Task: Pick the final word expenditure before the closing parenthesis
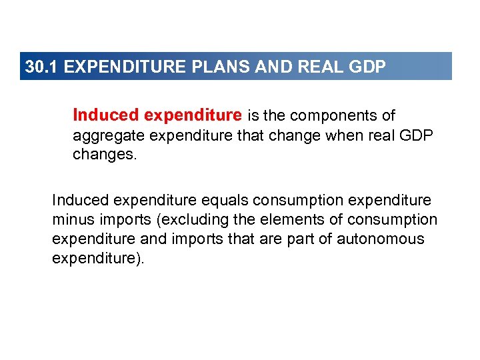[x=93, y=258]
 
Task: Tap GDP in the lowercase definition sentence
[x=416, y=137]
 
